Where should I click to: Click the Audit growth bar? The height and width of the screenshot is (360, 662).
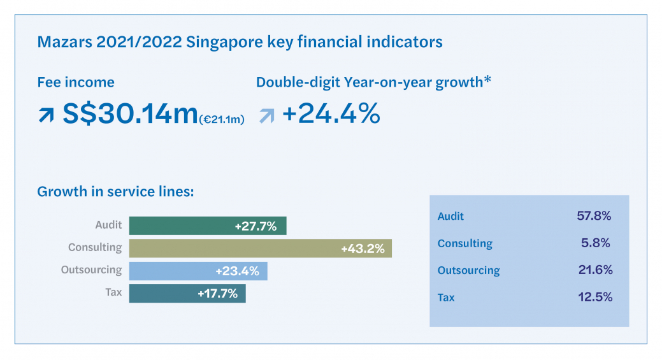[208, 226]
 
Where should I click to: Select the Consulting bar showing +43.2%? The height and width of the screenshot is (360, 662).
[260, 248]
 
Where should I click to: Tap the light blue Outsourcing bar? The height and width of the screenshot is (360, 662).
[198, 271]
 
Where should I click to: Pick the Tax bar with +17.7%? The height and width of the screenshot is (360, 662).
[187, 294]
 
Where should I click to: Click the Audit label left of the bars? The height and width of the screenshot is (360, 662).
[108, 226]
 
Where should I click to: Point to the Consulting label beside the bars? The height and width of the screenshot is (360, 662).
[95, 247]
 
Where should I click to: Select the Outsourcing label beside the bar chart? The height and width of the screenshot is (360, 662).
[91, 270]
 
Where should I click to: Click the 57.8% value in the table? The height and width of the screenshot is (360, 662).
[594, 216]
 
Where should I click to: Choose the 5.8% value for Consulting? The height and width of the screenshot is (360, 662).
[598, 243]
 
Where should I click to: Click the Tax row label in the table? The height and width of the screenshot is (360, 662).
[446, 298]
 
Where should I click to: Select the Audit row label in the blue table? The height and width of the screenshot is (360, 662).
[450, 217]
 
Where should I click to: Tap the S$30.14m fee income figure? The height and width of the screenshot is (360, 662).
[130, 114]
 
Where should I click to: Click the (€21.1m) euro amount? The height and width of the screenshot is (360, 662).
[222, 119]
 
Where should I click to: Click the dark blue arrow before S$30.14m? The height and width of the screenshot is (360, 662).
[46, 115]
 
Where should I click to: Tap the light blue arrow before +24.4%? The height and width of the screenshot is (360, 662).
[266, 115]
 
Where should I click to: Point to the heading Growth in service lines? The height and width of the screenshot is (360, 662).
[115, 191]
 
